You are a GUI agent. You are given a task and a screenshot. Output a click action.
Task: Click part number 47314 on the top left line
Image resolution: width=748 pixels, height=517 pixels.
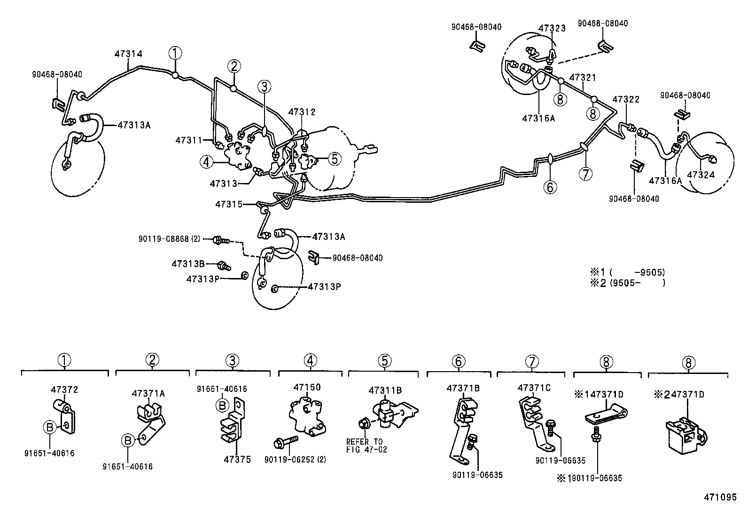[x=128, y=54]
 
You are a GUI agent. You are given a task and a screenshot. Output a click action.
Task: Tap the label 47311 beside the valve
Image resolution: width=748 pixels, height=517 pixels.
[x=188, y=140]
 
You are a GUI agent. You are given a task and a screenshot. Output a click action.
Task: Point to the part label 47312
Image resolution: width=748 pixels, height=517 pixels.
[x=302, y=112]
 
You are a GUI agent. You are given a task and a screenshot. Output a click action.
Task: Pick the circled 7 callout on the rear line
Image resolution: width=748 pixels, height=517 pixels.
[x=585, y=174]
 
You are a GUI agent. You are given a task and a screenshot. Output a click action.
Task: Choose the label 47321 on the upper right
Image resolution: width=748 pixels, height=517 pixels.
[x=583, y=77]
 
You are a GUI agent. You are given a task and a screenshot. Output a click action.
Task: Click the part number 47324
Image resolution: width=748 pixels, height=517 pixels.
[x=701, y=175]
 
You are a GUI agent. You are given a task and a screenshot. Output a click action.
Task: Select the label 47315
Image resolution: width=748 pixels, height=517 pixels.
[x=229, y=204]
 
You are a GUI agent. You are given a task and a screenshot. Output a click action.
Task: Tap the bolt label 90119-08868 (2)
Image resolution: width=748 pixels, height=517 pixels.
[x=169, y=239]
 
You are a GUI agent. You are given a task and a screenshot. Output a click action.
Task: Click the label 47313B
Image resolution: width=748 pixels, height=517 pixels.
[x=188, y=264]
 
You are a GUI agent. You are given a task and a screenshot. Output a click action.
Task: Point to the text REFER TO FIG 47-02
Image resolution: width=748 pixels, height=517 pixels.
[x=364, y=445]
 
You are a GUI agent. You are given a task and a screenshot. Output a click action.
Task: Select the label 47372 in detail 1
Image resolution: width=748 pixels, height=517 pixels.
[x=64, y=390]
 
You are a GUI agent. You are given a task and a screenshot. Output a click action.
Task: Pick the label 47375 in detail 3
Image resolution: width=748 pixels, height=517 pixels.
[x=237, y=460]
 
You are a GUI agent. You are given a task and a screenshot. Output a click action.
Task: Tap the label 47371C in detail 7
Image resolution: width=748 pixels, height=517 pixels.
[x=534, y=388]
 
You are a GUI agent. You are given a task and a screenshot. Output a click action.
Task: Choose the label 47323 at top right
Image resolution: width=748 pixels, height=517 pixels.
[x=552, y=28]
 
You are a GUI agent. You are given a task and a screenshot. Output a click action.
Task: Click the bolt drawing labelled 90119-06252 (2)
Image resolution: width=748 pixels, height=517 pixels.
[x=284, y=442]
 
